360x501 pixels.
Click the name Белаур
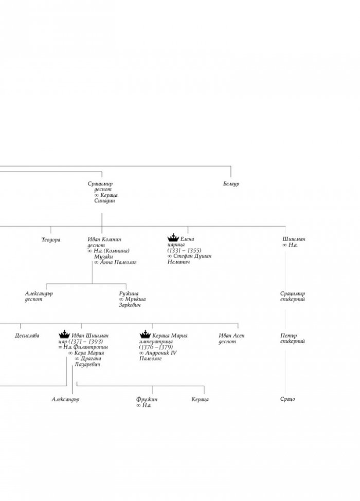[x=231, y=184]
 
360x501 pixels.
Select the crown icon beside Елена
[x=173, y=237]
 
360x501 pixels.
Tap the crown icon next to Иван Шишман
[x=64, y=334]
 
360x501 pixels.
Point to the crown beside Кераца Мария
[x=145, y=334]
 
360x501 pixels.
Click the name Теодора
[x=51, y=239]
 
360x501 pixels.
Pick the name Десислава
[x=27, y=336]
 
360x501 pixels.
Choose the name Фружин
[x=147, y=399]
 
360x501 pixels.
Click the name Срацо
[x=288, y=399]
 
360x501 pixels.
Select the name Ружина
[x=129, y=293]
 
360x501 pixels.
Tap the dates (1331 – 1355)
[x=184, y=251]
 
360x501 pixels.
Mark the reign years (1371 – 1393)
[x=86, y=342]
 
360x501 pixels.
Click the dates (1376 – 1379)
[x=156, y=347]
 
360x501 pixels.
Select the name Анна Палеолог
[x=118, y=263]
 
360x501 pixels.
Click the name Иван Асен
[x=231, y=336]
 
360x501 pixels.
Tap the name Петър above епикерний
[x=289, y=336]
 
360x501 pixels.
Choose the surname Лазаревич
[x=87, y=364]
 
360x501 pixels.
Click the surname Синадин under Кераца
[x=104, y=201]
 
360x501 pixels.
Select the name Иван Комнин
[x=104, y=239]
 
